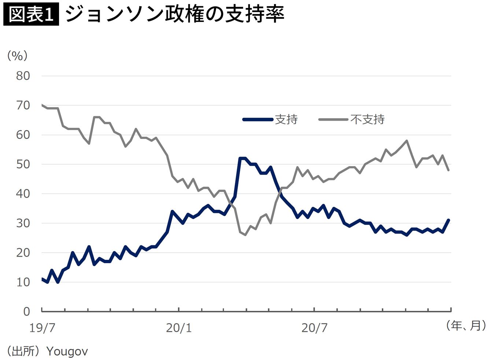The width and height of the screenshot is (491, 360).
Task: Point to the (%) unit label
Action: coord(17,56)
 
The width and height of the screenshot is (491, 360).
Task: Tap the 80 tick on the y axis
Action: coord(23,76)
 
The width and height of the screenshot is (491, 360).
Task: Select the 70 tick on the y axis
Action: coord(23,105)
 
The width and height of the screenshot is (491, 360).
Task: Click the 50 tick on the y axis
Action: coord(23,164)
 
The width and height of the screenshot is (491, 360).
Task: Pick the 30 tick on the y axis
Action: coord(23,223)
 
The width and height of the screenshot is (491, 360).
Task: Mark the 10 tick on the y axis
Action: coord(23,282)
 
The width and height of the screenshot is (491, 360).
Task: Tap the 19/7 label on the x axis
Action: coord(42,328)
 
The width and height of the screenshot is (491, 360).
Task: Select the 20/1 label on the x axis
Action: coord(179,328)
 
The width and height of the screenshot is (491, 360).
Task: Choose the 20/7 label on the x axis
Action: coord(314,328)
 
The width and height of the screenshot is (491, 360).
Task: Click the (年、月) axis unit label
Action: coord(466,325)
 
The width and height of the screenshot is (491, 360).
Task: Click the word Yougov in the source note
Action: coord(67,351)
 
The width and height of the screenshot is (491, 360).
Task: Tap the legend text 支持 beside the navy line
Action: coord(286,119)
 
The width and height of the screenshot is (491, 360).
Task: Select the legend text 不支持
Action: coord(367,119)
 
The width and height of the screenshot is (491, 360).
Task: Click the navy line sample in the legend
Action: coord(258,119)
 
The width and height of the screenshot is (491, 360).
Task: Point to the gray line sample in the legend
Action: coord(333,119)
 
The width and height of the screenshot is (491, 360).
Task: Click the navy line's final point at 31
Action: coord(448,220)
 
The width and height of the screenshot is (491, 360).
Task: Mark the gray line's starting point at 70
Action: coord(42,105)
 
